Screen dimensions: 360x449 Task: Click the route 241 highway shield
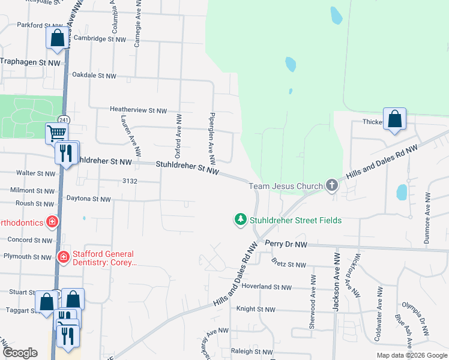pos(63,118)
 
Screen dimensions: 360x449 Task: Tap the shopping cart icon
pos(57,133)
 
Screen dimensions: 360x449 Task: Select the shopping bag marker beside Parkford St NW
pos(57,38)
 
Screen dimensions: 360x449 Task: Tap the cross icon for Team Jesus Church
pos(332,186)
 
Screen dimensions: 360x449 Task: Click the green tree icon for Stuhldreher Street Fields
pos(241,220)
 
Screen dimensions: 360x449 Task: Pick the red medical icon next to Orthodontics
pos(52,223)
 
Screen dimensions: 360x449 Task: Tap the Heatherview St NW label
pos(138,110)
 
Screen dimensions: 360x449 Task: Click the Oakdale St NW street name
pos(94,76)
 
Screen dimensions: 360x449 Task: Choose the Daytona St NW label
pos(88,199)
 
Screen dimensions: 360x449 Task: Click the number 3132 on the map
pos(130,181)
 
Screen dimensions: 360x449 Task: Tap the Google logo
pos(20,352)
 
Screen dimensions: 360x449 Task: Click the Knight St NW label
pos(255,310)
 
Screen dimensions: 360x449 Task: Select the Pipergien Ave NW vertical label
pos(211,136)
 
